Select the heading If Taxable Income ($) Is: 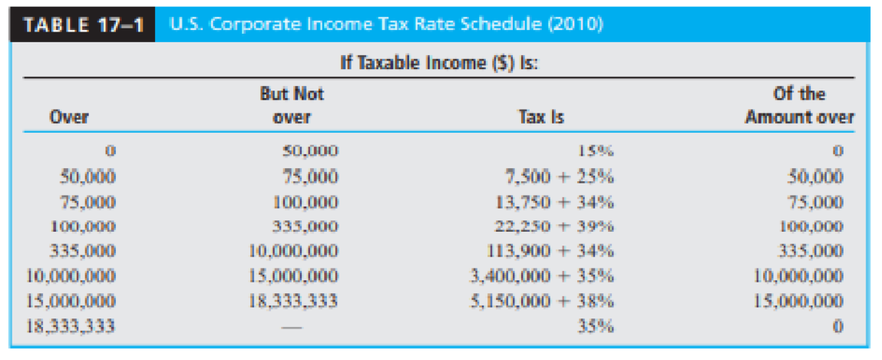click(438, 62)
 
